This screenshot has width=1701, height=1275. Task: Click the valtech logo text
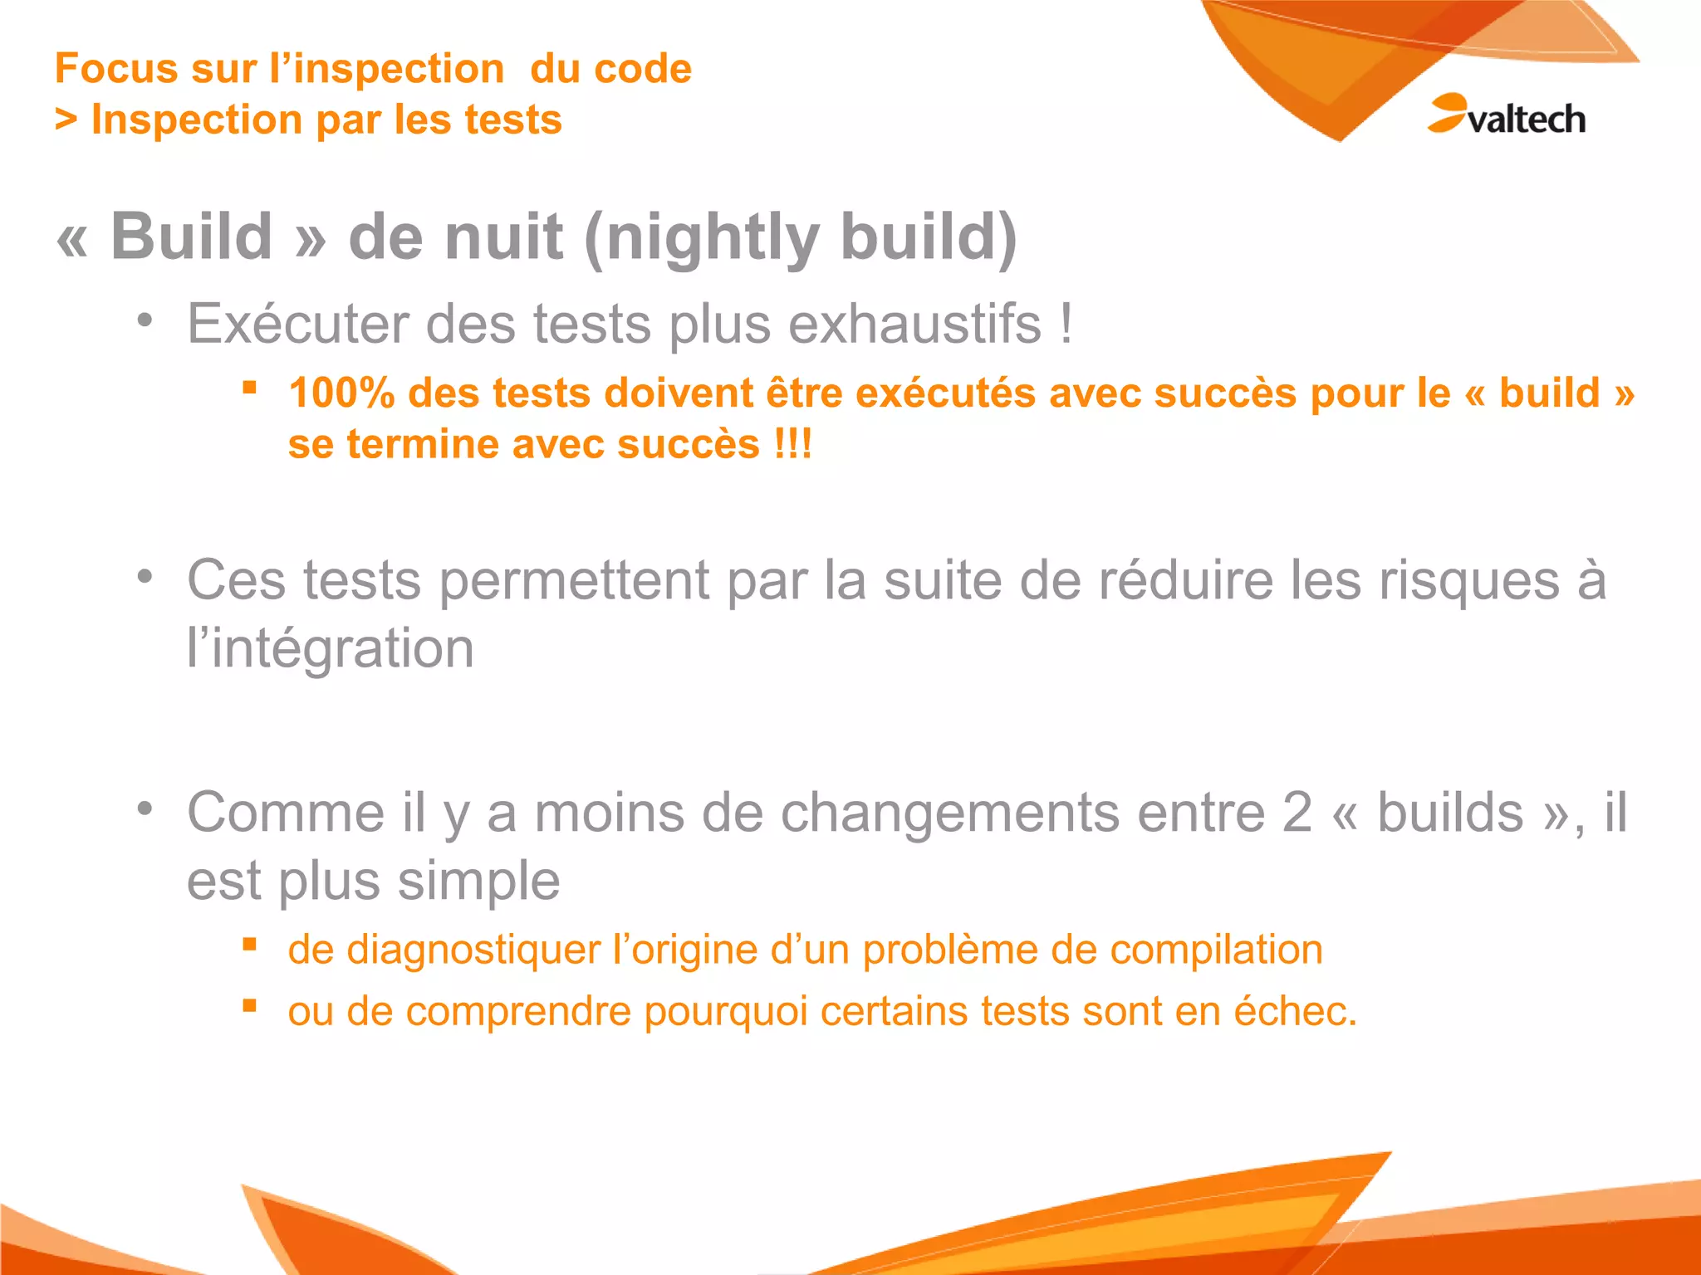[x=1526, y=120]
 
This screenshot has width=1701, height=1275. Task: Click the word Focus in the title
[x=115, y=69]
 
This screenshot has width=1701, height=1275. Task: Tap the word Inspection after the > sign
[x=197, y=120]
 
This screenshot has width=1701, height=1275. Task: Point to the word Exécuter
[x=297, y=324]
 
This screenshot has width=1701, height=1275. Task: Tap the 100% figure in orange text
[x=341, y=393]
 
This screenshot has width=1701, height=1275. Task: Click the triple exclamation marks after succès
[x=792, y=444]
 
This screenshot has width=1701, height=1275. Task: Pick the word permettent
[x=573, y=580]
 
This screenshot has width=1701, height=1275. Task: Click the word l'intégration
[x=331, y=648]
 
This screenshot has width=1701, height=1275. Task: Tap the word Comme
[x=286, y=812]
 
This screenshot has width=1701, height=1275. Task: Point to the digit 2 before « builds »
[x=1297, y=812]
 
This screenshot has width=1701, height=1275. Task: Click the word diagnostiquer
[x=473, y=950]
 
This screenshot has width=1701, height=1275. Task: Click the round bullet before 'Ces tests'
[x=145, y=575]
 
